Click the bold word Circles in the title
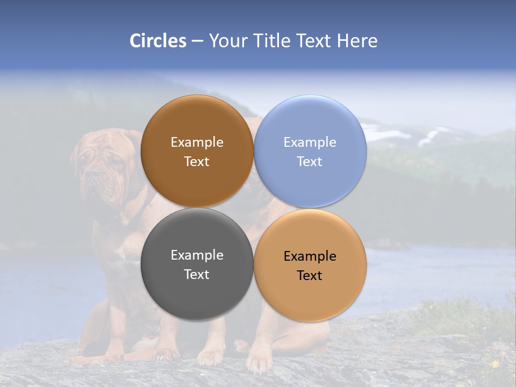click(x=157, y=41)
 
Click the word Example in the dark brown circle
click(x=197, y=142)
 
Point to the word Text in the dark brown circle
click(x=197, y=162)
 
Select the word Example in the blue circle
click(x=310, y=142)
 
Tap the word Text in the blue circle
click(x=310, y=162)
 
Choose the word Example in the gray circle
click(x=197, y=255)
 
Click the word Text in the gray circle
click(x=197, y=275)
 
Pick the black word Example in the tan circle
click(x=310, y=256)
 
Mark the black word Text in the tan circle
click(x=310, y=276)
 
